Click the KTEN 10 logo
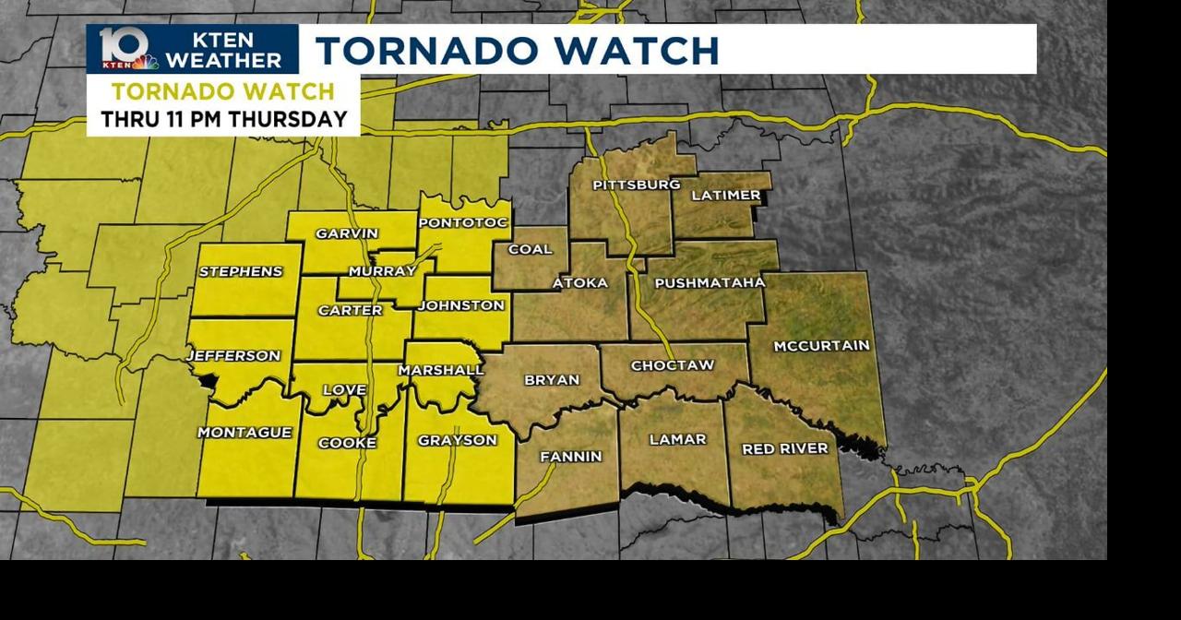pos(126,49)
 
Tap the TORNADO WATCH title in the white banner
pos(517,50)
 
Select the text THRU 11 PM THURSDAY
pos(224,119)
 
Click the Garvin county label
pos(347,233)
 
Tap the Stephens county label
pos(241,271)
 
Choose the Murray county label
pos(383,271)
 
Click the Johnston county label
pos(461,305)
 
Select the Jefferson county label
pos(233,355)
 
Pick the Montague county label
pos(245,432)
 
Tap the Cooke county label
pos(347,443)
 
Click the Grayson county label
pos(458,440)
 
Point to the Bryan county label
pos(552,379)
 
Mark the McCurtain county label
pos(821,346)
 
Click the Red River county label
pos(785,448)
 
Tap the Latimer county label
pos(726,195)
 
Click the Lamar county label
pos(677,439)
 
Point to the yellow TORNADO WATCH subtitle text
pos(223,91)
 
